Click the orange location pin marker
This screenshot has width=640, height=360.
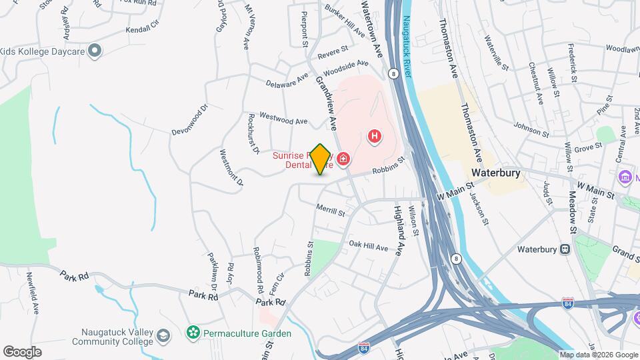coord(321,159)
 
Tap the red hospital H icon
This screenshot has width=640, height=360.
coord(375,137)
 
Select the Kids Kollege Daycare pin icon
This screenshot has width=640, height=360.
coord(95,51)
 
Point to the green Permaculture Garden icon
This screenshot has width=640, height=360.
coord(193,332)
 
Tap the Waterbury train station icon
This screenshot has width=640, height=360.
coord(565,250)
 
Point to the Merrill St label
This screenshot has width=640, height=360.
coord(331,211)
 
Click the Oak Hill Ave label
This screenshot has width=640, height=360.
coord(368,246)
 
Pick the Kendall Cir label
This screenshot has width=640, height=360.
coord(143,31)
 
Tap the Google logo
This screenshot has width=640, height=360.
coord(22,351)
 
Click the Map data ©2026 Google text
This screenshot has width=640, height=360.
coord(599,355)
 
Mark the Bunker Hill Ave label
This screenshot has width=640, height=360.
coord(345,21)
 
